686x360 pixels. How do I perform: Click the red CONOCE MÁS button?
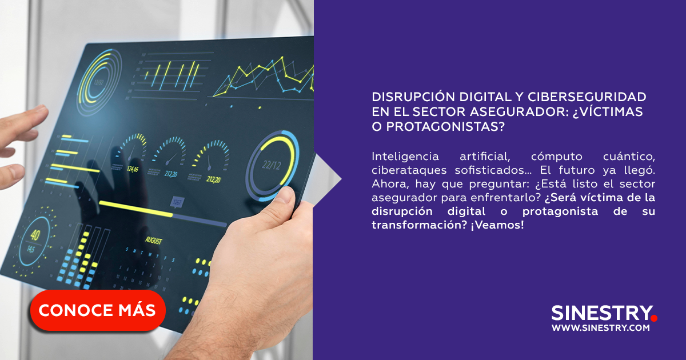(x=98, y=310)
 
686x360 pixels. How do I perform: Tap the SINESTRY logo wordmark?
(x=602, y=313)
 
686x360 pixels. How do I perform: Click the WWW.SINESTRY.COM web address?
(x=601, y=328)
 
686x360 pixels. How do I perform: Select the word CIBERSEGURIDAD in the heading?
(x=587, y=97)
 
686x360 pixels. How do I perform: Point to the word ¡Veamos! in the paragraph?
(x=497, y=225)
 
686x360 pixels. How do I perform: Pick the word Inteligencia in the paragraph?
(x=405, y=157)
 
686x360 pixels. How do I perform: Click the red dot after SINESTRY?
(x=654, y=318)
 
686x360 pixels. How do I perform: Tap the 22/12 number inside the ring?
(x=272, y=165)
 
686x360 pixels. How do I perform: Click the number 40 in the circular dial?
(x=35, y=235)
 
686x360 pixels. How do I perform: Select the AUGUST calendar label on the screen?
(x=153, y=241)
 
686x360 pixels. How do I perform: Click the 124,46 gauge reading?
(x=132, y=169)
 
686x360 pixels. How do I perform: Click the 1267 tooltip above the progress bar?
(x=177, y=202)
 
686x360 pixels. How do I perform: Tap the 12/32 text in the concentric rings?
(x=98, y=82)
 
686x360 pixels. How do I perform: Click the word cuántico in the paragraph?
(x=629, y=157)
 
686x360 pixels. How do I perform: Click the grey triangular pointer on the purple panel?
(x=327, y=179)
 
